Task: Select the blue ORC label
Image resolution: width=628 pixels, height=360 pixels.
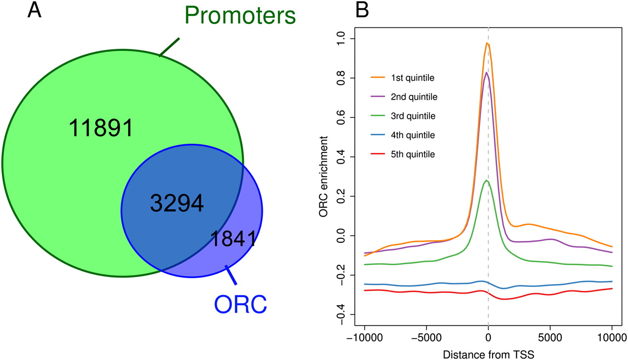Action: tap(240, 304)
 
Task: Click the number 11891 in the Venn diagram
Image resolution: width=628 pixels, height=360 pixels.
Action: tap(101, 129)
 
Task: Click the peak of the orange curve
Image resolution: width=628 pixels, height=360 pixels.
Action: tap(487, 43)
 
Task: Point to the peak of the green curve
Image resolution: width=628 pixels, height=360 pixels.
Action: tap(486, 180)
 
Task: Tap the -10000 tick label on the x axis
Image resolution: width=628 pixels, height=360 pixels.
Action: tap(364, 338)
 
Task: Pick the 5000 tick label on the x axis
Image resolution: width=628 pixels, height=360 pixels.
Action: tap(550, 338)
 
